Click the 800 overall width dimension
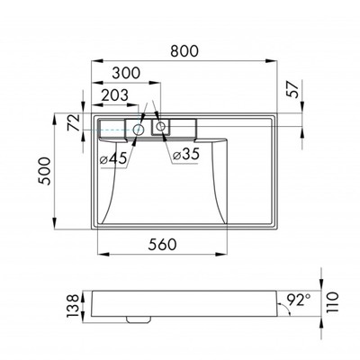[x=184, y=51]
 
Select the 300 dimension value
[x=126, y=73]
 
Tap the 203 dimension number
[x=114, y=95]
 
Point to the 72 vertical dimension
[x=74, y=122]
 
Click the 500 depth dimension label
[x=44, y=171]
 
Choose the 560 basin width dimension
[x=162, y=245]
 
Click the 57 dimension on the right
[x=293, y=89]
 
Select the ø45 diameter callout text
[x=113, y=158]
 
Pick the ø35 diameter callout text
[x=186, y=155]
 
